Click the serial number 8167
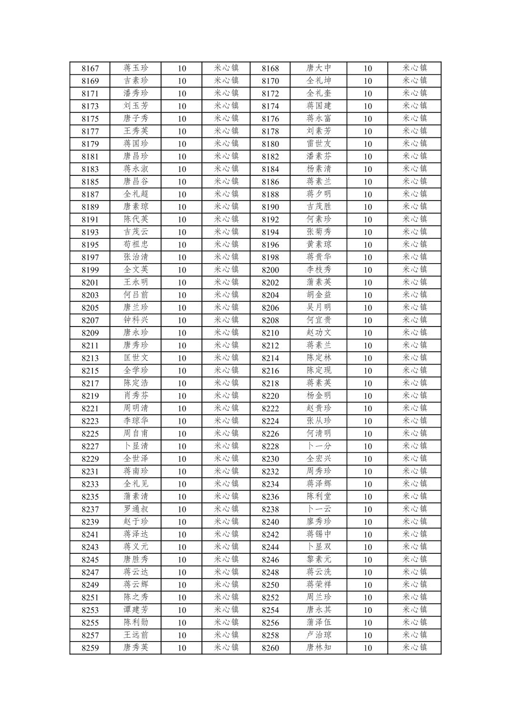click(x=90, y=69)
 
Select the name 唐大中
click(x=319, y=68)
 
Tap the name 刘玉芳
click(x=136, y=106)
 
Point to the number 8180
click(x=270, y=144)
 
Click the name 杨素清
click(x=319, y=169)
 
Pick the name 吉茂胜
click(x=319, y=206)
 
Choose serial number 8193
click(x=90, y=232)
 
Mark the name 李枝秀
click(x=319, y=270)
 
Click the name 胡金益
click(x=319, y=295)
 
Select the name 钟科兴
click(x=136, y=320)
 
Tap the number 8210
click(x=270, y=333)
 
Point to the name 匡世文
click(x=136, y=358)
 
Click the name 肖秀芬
click(x=136, y=396)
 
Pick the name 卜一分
click(x=319, y=446)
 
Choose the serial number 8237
click(x=90, y=510)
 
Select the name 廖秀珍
click(x=319, y=521)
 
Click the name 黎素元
click(x=319, y=560)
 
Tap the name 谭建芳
click(x=136, y=610)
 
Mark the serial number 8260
click(x=270, y=648)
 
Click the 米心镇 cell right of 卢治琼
click(x=414, y=635)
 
